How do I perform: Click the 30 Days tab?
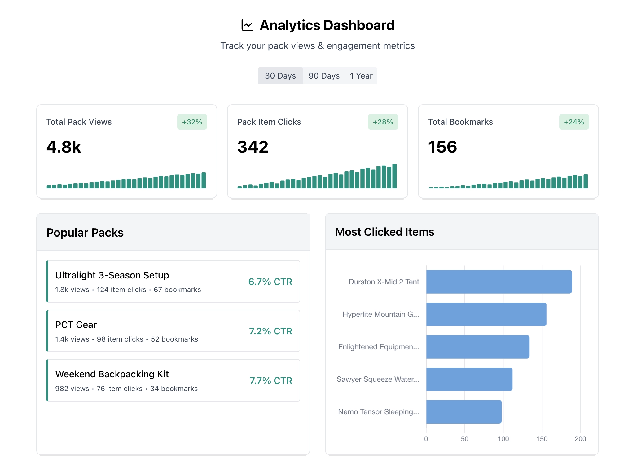pyautogui.click(x=280, y=76)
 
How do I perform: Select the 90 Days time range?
pyautogui.click(x=324, y=76)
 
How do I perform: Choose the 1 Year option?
pyautogui.click(x=361, y=76)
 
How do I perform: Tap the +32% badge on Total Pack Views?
pyautogui.click(x=192, y=122)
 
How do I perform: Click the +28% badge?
pyautogui.click(x=383, y=122)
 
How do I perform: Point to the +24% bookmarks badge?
pyautogui.click(x=573, y=122)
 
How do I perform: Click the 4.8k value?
pyautogui.click(x=64, y=147)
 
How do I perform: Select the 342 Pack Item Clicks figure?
pyautogui.click(x=253, y=147)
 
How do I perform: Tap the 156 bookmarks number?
pyautogui.click(x=442, y=147)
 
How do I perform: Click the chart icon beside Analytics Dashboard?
pyautogui.click(x=247, y=25)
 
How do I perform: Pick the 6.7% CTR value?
pyautogui.click(x=270, y=282)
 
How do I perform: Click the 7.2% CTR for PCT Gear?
pyautogui.click(x=270, y=331)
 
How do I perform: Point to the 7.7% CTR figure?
pyautogui.click(x=271, y=381)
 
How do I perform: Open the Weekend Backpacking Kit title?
pyautogui.click(x=112, y=374)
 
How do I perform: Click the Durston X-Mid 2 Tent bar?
pyautogui.click(x=499, y=282)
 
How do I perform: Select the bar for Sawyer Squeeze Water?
pyautogui.click(x=469, y=379)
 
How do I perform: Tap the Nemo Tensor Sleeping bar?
pyautogui.click(x=464, y=411)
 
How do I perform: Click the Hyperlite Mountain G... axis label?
pyautogui.click(x=381, y=314)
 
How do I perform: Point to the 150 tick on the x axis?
pyautogui.click(x=542, y=439)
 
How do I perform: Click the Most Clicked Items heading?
pyautogui.click(x=384, y=232)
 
